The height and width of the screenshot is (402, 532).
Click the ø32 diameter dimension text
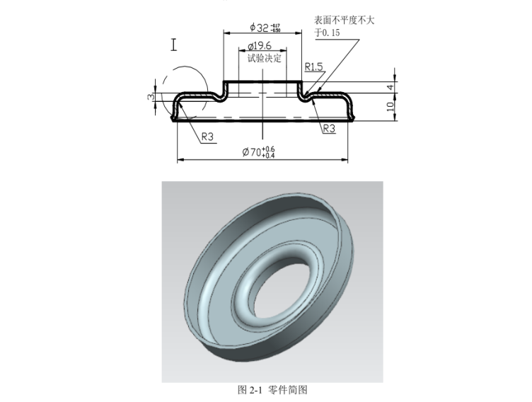pyautogui.click(x=260, y=27)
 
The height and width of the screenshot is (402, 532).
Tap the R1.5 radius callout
pyautogui.click(x=314, y=67)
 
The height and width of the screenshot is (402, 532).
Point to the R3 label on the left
pyautogui.click(x=207, y=137)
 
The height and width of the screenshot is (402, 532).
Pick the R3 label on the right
pyautogui.click(x=329, y=129)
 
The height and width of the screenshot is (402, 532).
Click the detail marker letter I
pyautogui.click(x=173, y=45)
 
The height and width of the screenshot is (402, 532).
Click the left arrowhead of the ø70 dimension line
pyautogui.click(x=180, y=159)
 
